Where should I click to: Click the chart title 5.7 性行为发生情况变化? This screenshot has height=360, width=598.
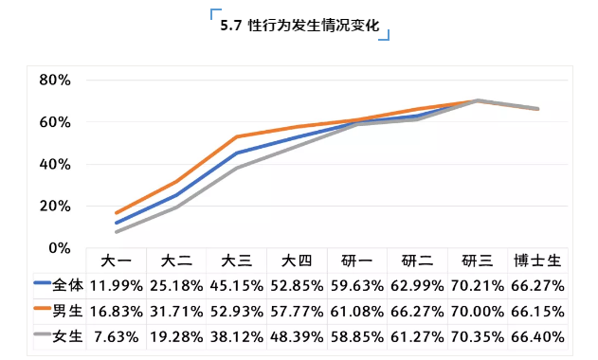point(299,27)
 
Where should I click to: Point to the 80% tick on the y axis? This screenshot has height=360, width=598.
point(54,80)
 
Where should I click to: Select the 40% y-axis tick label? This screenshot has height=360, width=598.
point(54,164)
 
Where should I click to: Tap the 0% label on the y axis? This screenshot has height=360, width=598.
point(59,247)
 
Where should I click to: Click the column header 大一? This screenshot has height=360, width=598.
point(116,261)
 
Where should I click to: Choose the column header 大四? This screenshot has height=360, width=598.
point(297,261)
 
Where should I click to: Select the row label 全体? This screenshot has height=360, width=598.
point(67,284)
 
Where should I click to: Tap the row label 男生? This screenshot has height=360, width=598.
point(67,310)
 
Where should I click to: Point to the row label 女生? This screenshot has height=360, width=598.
point(67,335)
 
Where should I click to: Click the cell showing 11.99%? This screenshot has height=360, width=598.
point(116,284)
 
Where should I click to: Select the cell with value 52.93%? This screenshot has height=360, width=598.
point(236,310)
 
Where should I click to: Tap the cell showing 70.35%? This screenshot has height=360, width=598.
point(477,335)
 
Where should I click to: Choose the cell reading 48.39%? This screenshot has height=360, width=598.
point(297,335)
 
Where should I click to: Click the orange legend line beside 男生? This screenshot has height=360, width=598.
point(42,310)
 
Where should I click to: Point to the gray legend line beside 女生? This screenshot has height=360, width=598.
point(42,335)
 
